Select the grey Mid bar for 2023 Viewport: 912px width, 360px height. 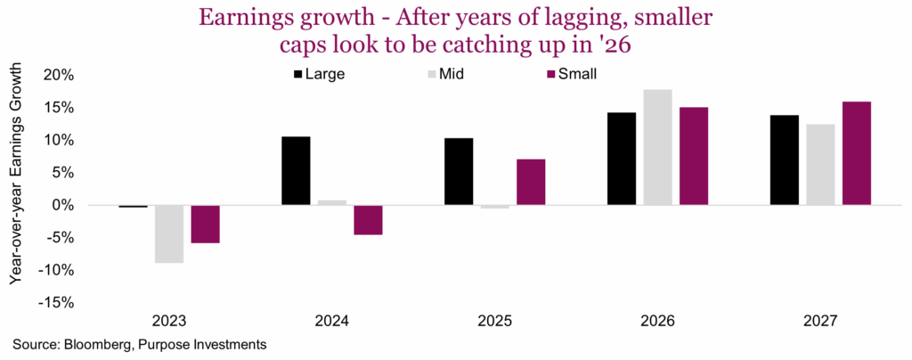[169, 233]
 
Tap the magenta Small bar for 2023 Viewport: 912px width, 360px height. [205, 224]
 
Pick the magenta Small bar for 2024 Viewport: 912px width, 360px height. [368, 219]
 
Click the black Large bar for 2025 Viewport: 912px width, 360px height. [459, 172]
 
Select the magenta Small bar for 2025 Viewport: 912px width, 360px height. [531, 183]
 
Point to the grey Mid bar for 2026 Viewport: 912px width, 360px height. [657, 147]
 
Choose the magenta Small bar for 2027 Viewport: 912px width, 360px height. [856, 153]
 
